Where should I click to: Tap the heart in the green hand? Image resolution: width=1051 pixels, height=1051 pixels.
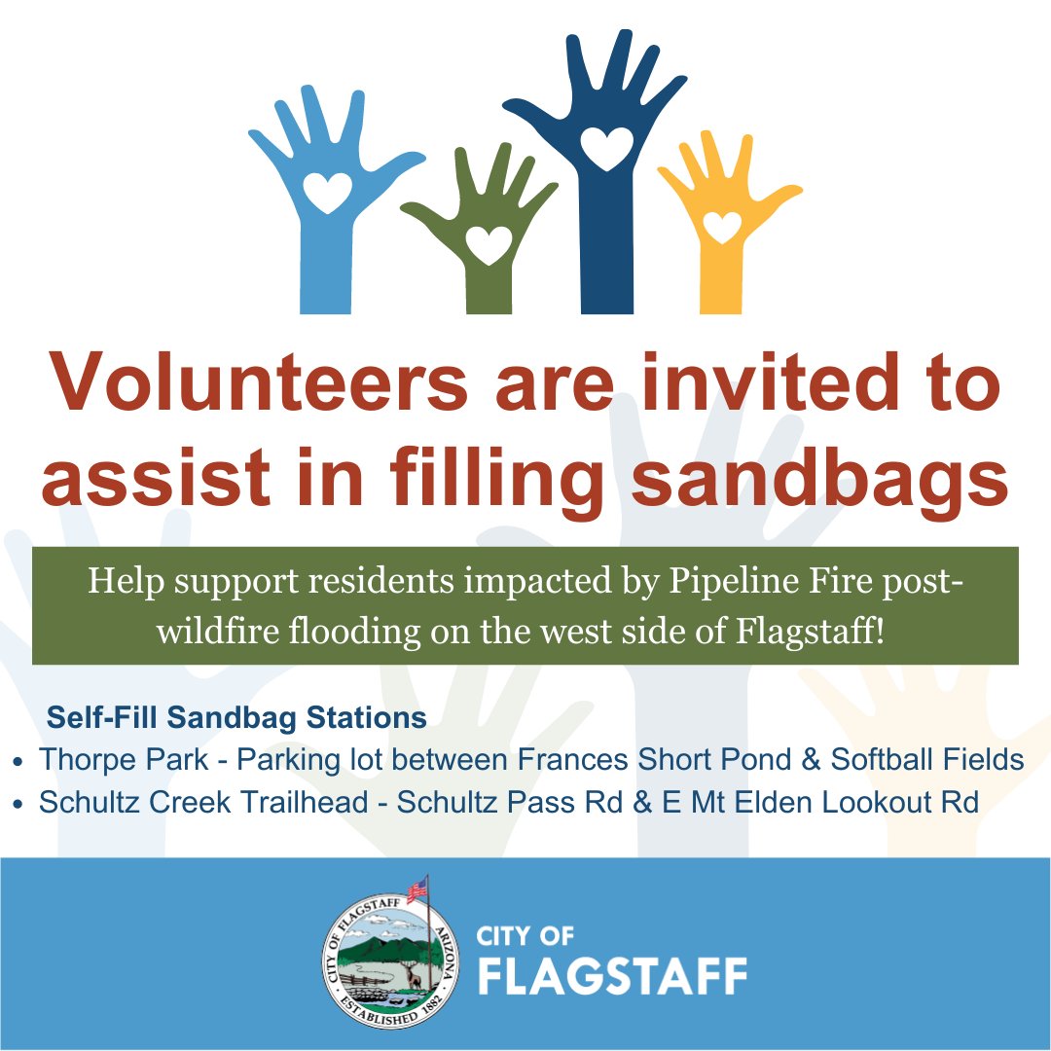488,244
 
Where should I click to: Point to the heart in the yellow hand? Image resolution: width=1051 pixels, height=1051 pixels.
722,227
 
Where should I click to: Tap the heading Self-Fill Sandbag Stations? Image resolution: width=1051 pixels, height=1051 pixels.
237,718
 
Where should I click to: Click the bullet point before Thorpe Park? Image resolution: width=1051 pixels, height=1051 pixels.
19,761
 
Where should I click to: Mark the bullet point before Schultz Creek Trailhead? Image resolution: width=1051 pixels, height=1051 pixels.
19,805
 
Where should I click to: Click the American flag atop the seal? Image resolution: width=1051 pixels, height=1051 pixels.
417,888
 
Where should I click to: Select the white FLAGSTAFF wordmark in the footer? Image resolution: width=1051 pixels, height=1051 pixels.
611,975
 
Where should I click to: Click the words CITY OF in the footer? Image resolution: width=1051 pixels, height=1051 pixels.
525,936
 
